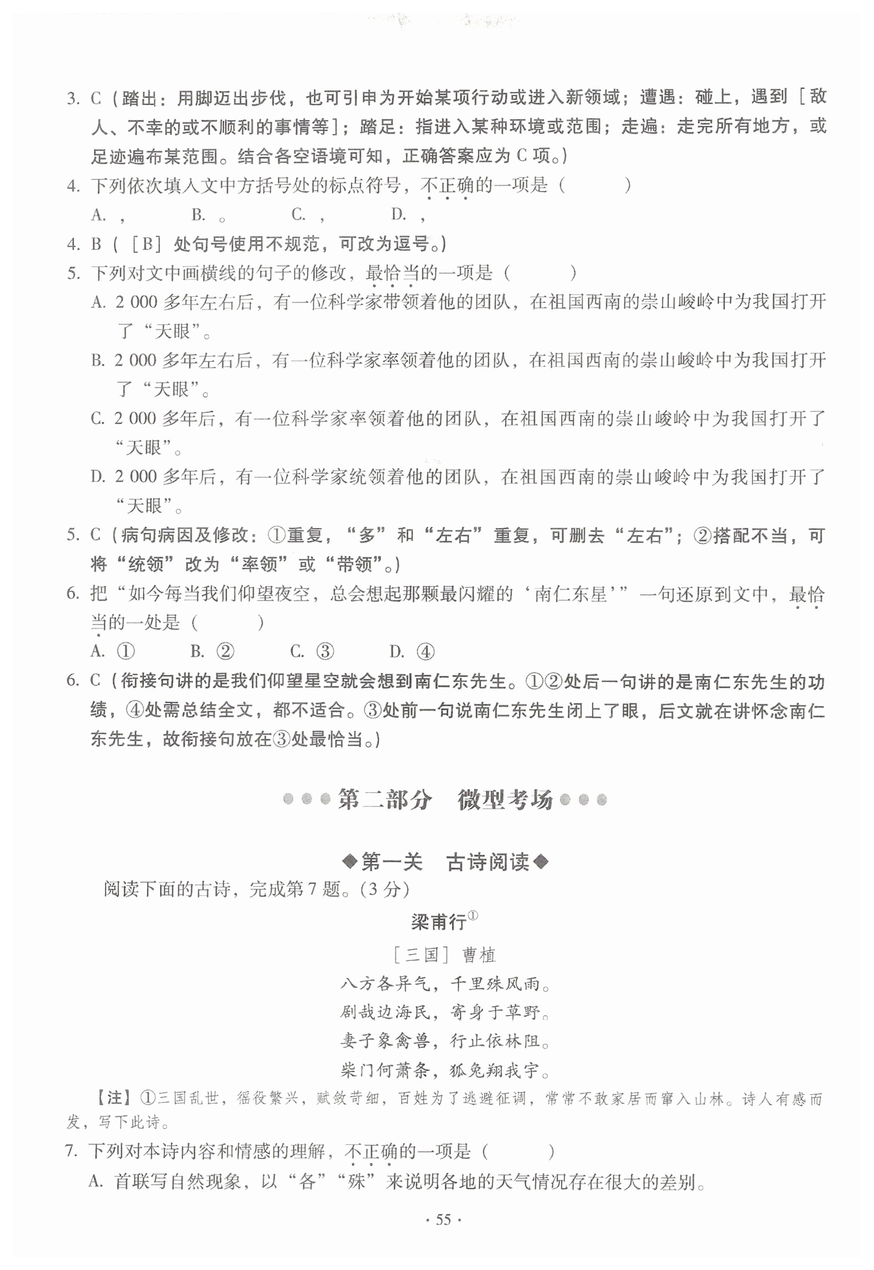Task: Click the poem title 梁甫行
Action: coord(439,922)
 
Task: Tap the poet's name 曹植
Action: coord(479,955)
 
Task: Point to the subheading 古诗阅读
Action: coord(488,862)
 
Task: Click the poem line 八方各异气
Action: coord(386,985)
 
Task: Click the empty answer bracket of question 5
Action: coord(539,272)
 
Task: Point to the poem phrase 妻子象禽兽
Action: coord(386,1042)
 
